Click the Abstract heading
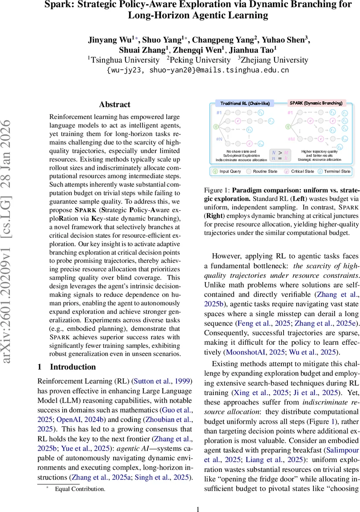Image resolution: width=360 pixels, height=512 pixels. (x=114, y=105)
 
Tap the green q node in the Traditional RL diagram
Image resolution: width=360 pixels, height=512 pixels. (x=216, y=126)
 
